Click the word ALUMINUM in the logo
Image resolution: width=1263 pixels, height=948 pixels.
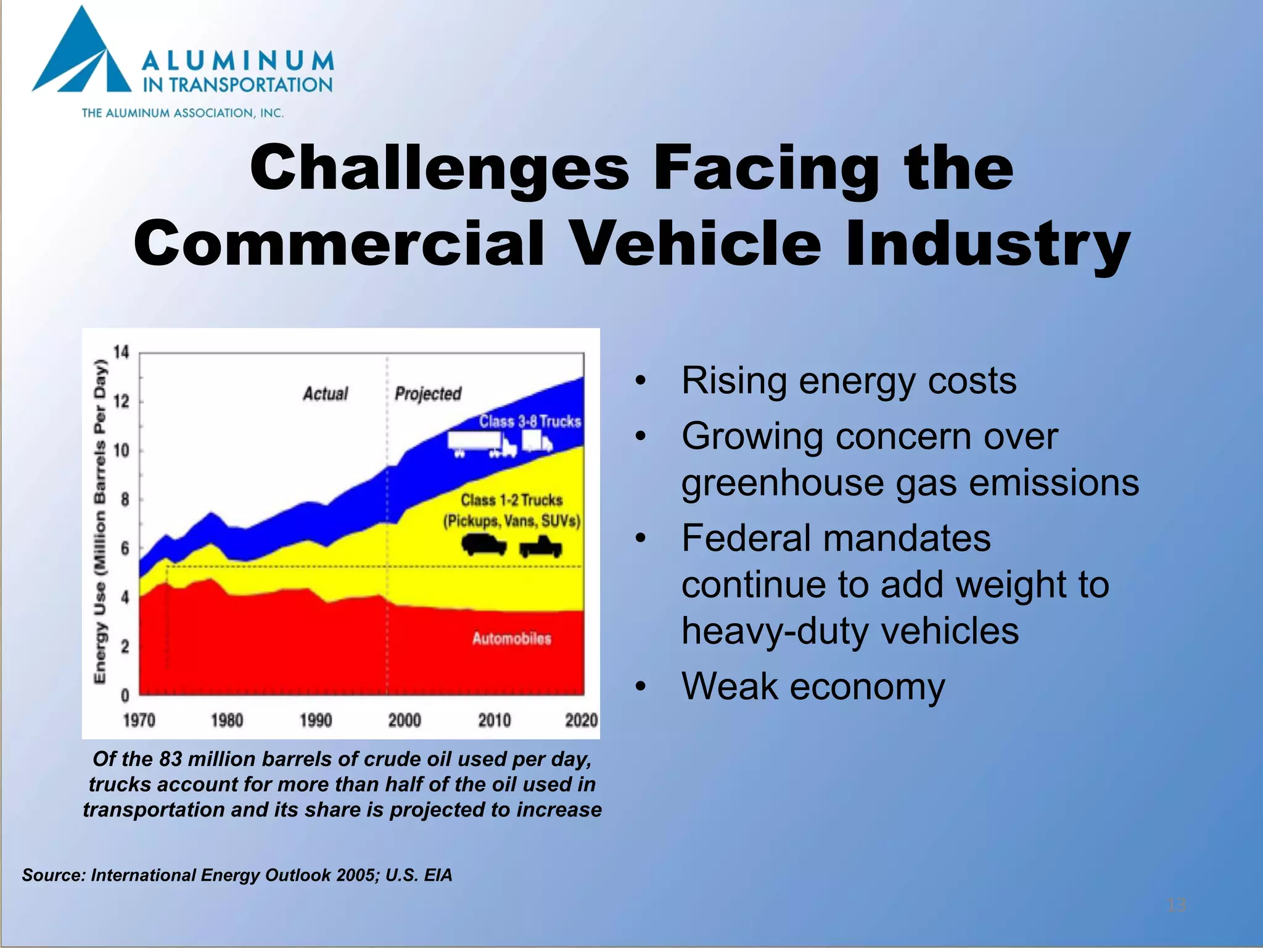tap(237, 61)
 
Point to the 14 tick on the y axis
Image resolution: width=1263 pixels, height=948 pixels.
tap(121, 352)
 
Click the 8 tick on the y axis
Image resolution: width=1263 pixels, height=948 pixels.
tap(125, 499)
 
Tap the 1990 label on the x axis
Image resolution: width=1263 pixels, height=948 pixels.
tap(316, 720)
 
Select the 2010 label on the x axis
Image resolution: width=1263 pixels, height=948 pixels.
tap(494, 720)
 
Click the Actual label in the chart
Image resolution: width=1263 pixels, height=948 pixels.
tap(325, 394)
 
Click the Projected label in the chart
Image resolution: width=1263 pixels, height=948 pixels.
tap(428, 394)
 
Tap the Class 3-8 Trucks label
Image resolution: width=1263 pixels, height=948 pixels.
tap(530, 422)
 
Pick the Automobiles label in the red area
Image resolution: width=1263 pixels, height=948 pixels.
tap(511, 639)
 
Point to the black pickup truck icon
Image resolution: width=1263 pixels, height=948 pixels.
tap(541, 547)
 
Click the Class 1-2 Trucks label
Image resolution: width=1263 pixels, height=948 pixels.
tap(511, 500)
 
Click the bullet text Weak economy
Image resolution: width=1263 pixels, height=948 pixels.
tap(813, 686)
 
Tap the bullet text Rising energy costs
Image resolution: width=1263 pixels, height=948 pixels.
tap(849, 381)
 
